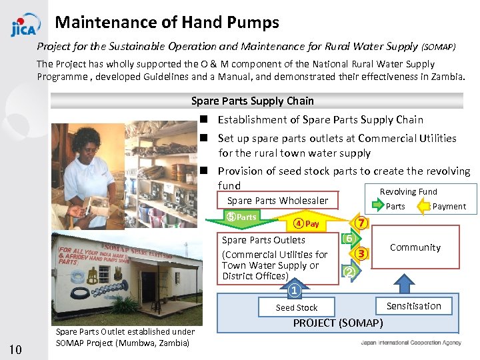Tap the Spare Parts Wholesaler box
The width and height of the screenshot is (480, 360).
coord(277,201)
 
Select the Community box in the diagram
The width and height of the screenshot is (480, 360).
coord(415,247)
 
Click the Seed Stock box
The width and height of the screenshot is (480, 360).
coord(297,307)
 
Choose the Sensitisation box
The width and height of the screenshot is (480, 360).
coord(414,306)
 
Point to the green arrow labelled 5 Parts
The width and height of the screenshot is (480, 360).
coord(242,217)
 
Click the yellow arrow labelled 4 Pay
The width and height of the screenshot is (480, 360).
coord(308,224)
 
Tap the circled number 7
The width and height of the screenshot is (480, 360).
coord(361,223)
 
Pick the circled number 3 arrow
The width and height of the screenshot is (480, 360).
coord(361,253)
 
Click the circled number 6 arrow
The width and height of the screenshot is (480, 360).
coord(349,239)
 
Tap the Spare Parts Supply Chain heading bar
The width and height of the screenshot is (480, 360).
coord(257,101)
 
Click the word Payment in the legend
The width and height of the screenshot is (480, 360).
coord(449,207)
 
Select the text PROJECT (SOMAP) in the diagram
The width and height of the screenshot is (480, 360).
coord(339,323)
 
